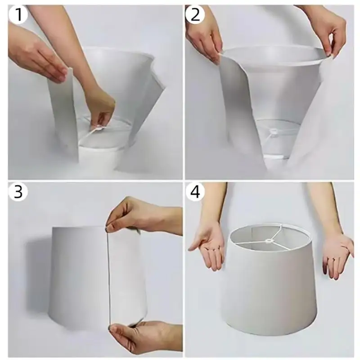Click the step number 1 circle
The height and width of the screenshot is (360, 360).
[18, 14]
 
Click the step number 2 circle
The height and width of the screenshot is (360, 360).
[195, 14]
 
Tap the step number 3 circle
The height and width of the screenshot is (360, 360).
[18, 191]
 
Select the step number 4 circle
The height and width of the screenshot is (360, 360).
[195, 191]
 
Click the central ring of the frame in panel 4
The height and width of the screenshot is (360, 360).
[268, 241]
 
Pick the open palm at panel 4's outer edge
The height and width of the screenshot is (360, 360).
[337, 255]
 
